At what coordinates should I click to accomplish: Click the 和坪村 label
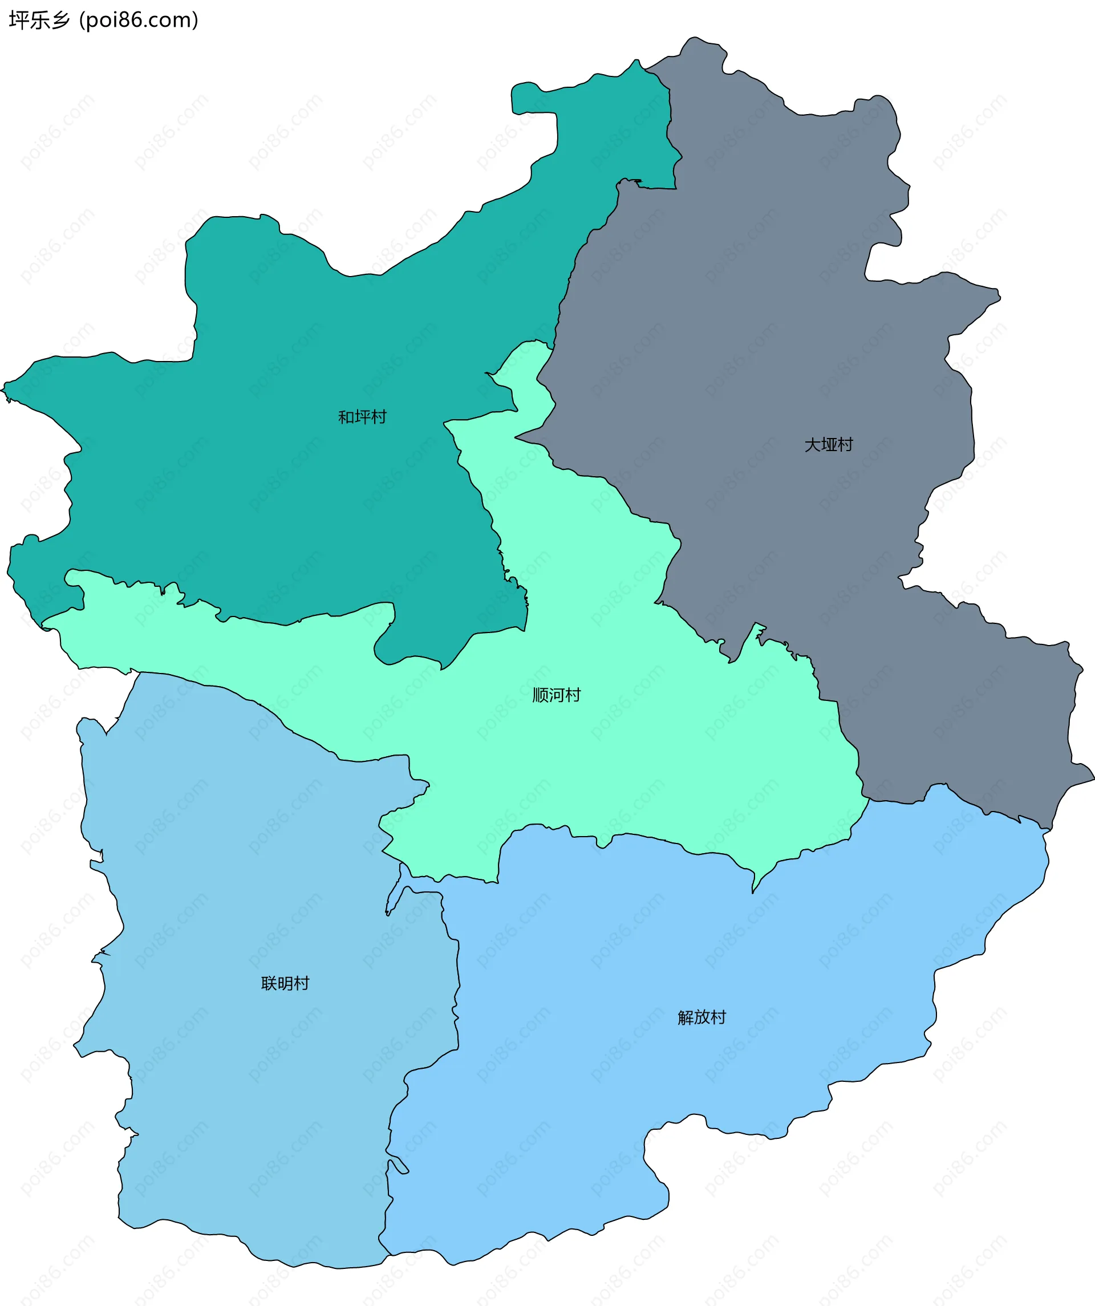tap(362, 417)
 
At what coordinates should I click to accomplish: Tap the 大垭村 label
tap(828, 445)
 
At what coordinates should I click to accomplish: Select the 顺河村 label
tap(557, 695)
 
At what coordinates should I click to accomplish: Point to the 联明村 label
tap(285, 983)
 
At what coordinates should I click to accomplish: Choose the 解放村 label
tap(701, 1017)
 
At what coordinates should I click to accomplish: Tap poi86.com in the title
tap(139, 21)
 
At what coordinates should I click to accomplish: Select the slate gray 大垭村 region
tap(777, 311)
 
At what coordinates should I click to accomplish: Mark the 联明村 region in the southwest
tap(249, 1088)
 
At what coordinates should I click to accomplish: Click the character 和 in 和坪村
tap(346, 417)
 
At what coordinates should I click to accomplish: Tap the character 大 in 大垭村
tap(812, 445)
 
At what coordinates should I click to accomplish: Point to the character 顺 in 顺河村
tap(540, 695)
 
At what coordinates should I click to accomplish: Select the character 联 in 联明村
tap(269, 983)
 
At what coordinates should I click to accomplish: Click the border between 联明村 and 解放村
tap(457, 995)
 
